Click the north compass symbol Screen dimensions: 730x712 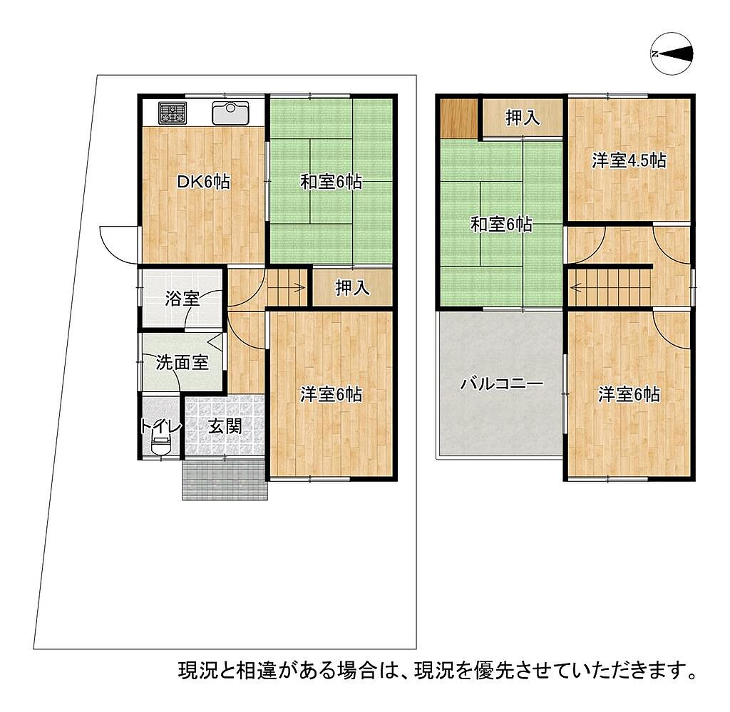(672, 53)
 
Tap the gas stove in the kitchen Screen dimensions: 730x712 (173, 113)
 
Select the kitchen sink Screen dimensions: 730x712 (230, 113)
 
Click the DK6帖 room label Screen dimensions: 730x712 (203, 182)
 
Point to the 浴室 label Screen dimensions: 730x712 (182, 299)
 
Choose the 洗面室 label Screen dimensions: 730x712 (182, 362)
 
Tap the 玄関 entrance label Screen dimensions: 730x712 (225, 425)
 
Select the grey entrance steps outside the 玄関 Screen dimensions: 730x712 (225, 480)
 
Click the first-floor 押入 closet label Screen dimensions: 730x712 (353, 288)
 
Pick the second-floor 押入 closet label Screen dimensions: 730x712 (523, 118)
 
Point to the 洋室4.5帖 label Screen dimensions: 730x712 (629, 160)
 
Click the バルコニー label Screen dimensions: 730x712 (501, 384)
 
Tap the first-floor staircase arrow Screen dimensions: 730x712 (287, 288)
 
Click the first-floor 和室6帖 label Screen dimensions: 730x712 (331, 182)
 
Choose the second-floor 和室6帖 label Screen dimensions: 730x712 (501, 225)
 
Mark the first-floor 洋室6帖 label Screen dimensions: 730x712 (331, 395)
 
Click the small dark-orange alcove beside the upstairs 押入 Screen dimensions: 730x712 (459, 118)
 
